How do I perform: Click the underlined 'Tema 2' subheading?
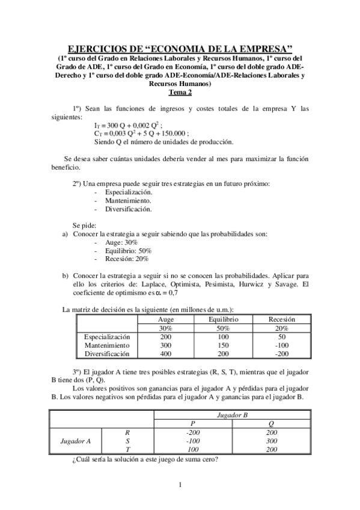pos(180,93)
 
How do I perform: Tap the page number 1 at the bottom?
pos(180,485)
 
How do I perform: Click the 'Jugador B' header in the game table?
pos(232,415)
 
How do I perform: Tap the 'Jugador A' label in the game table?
pos(76,441)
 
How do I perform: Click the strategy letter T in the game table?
pos(126,449)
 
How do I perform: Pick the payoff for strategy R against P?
pos(193,432)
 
